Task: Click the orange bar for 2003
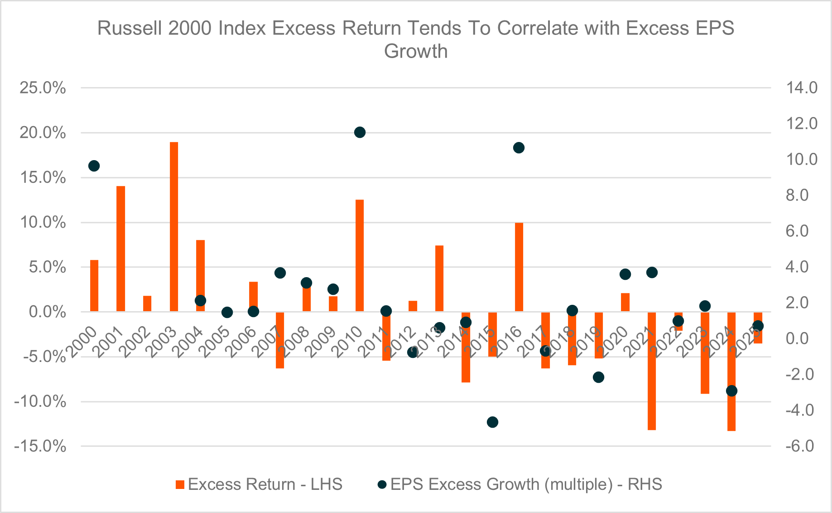tap(174, 227)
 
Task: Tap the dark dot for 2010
tap(360, 132)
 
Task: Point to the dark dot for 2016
tap(519, 148)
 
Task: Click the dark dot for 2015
tap(492, 422)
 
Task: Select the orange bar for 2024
tap(731, 371)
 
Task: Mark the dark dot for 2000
tap(94, 166)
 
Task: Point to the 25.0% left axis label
tap(43, 88)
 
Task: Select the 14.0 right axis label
tap(802, 88)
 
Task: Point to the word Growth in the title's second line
tap(415, 51)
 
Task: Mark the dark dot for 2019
tap(598, 377)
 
